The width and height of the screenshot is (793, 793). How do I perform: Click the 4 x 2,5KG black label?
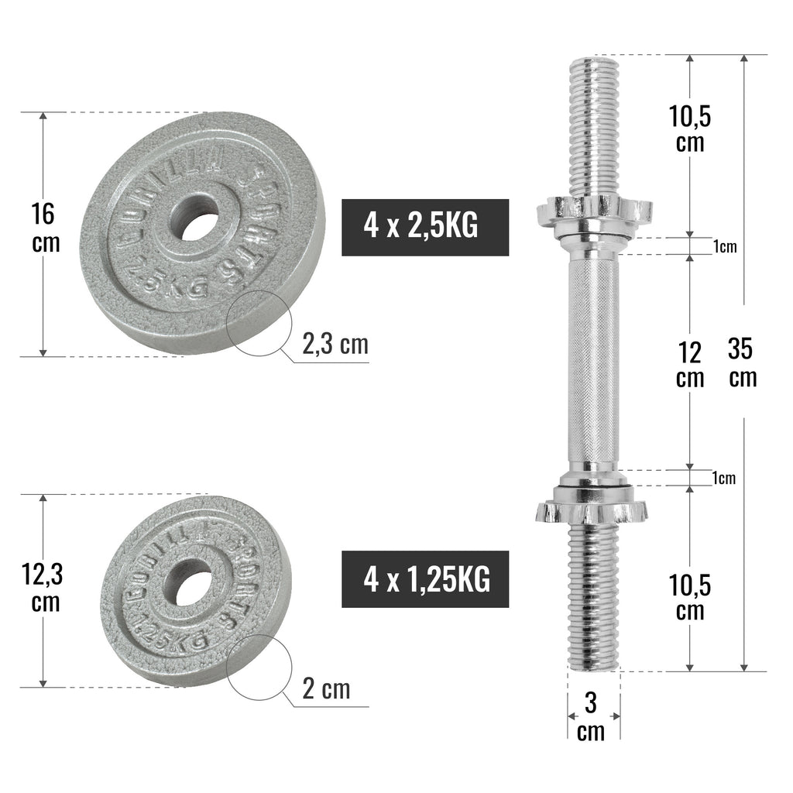(x=425, y=227)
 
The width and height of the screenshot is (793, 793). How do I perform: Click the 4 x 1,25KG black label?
(x=425, y=578)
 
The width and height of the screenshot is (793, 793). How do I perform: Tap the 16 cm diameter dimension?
(x=45, y=226)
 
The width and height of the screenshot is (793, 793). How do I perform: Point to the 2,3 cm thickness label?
(x=335, y=344)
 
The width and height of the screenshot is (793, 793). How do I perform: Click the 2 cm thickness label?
(x=325, y=688)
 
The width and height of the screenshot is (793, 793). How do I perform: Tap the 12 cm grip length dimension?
(x=689, y=364)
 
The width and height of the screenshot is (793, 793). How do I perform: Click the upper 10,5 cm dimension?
(x=689, y=129)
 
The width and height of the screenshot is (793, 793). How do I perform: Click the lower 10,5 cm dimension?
(x=689, y=597)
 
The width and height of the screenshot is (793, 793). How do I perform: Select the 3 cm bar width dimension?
(x=592, y=716)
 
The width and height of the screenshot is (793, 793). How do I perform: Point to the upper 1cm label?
(x=724, y=246)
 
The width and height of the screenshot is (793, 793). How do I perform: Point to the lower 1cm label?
(x=724, y=478)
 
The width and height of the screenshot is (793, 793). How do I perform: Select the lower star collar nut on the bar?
(x=592, y=508)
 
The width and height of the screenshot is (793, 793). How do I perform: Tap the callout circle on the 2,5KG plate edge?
(x=258, y=323)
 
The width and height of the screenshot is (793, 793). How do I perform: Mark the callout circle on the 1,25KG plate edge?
(x=257, y=671)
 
